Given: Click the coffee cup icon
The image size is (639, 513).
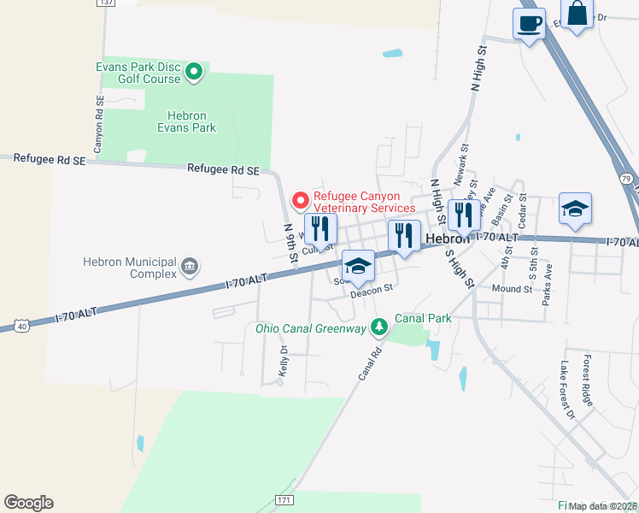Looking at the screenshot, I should [x=529, y=22].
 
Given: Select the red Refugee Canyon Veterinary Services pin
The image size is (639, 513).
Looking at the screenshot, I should [x=301, y=201].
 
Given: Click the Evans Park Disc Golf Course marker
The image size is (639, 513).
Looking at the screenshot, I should [x=194, y=72].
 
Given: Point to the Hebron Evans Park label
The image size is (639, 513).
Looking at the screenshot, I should [x=186, y=121].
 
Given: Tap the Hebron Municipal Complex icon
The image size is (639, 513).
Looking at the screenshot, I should [x=190, y=268].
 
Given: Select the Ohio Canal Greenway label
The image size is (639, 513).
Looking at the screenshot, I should [x=310, y=327].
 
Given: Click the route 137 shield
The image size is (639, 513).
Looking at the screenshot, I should [x=105, y=3].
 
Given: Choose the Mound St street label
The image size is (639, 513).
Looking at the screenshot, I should [x=512, y=289].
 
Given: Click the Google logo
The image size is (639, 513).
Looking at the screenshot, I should [x=28, y=503].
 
